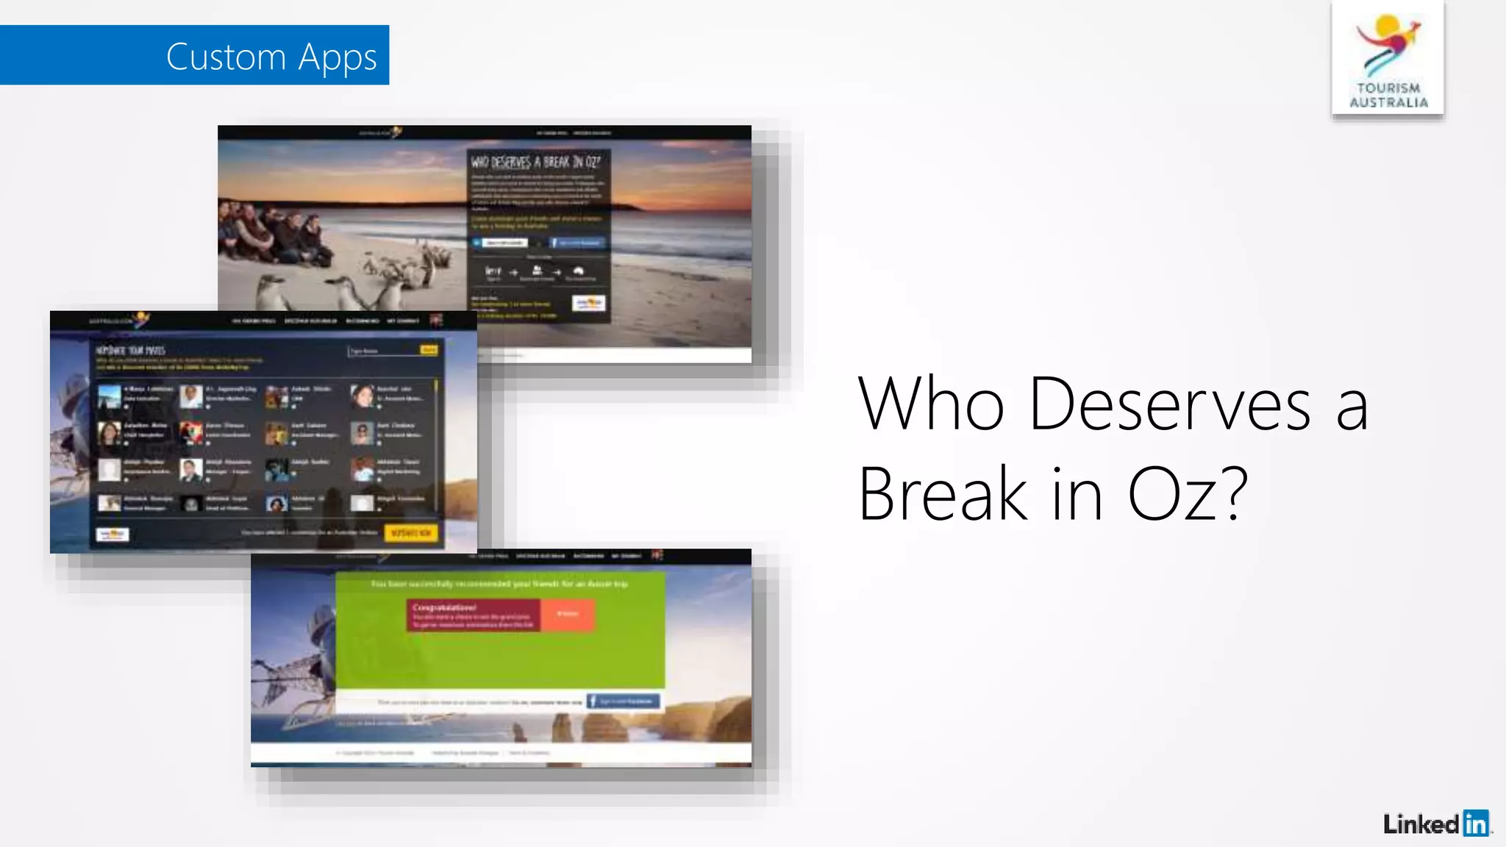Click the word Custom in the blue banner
click(226, 57)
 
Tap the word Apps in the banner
click(338, 58)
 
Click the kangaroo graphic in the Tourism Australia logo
click(1387, 43)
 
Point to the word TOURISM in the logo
click(1388, 88)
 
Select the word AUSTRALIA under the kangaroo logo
click(1388, 103)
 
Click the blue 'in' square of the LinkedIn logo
click(1475, 823)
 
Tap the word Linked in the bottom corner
click(1421, 824)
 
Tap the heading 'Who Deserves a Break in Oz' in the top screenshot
click(536, 162)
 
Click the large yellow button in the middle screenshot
click(411, 532)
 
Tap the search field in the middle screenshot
click(383, 351)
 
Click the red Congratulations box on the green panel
click(473, 615)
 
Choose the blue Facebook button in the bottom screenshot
click(624, 701)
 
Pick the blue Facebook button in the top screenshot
click(577, 243)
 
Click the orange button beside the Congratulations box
click(567, 615)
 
